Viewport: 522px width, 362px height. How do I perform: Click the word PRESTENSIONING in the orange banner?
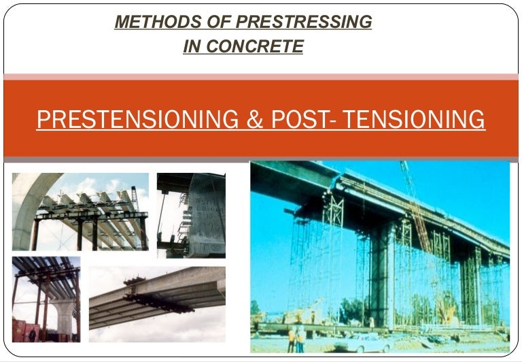pyautogui.click(x=136, y=120)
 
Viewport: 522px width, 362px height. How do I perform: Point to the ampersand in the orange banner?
pyautogui.click(x=252, y=120)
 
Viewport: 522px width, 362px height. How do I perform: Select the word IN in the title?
pyautogui.click(x=195, y=47)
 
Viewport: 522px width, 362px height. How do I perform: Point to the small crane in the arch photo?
pyautogui.click(x=135, y=197)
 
